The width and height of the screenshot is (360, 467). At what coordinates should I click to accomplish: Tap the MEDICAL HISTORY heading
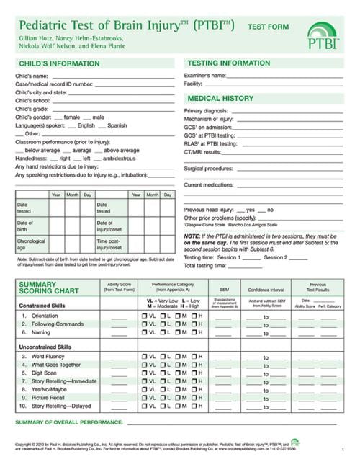(220, 98)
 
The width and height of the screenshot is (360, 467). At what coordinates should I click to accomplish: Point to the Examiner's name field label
(205, 75)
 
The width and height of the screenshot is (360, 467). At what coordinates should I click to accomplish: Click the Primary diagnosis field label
(207, 110)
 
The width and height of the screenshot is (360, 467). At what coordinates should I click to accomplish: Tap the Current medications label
(210, 185)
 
